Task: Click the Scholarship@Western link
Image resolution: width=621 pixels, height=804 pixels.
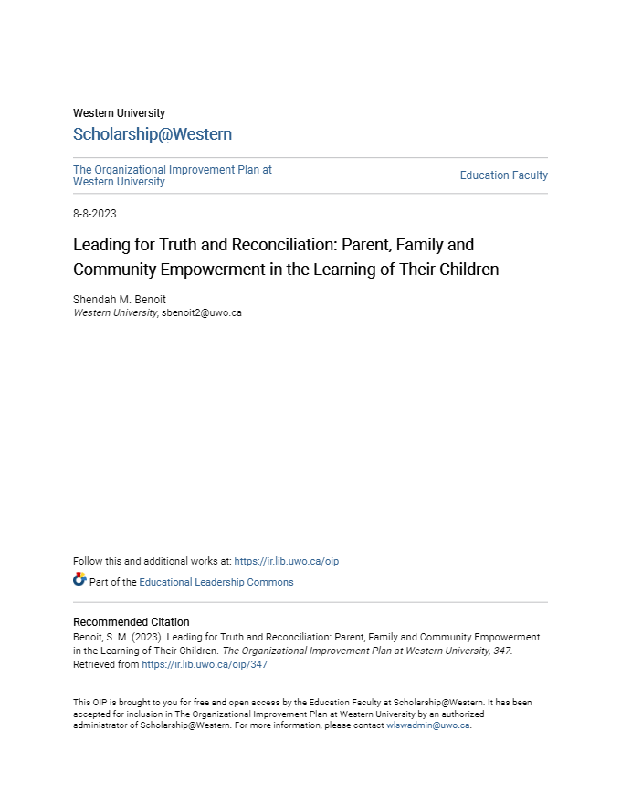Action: tap(153, 134)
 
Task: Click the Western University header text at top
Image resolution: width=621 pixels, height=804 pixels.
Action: tap(119, 113)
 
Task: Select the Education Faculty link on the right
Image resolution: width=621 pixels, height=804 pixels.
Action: tap(503, 175)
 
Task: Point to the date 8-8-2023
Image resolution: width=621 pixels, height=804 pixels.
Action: tap(95, 214)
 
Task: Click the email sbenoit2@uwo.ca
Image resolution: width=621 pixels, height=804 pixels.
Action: tap(201, 312)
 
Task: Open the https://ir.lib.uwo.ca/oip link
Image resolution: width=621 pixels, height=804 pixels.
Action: tap(286, 561)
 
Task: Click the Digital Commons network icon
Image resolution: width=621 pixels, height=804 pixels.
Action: tap(79, 580)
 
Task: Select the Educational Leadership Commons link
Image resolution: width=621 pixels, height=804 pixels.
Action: tap(216, 582)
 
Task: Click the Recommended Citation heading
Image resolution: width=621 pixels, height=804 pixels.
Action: tap(132, 622)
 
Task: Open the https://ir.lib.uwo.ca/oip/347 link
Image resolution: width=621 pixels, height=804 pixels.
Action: tap(204, 665)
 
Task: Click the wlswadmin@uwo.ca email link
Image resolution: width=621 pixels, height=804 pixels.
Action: tap(427, 725)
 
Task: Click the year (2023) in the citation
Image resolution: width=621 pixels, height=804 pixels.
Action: tap(132, 637)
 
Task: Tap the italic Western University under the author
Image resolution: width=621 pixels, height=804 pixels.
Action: tap(114, 312)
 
